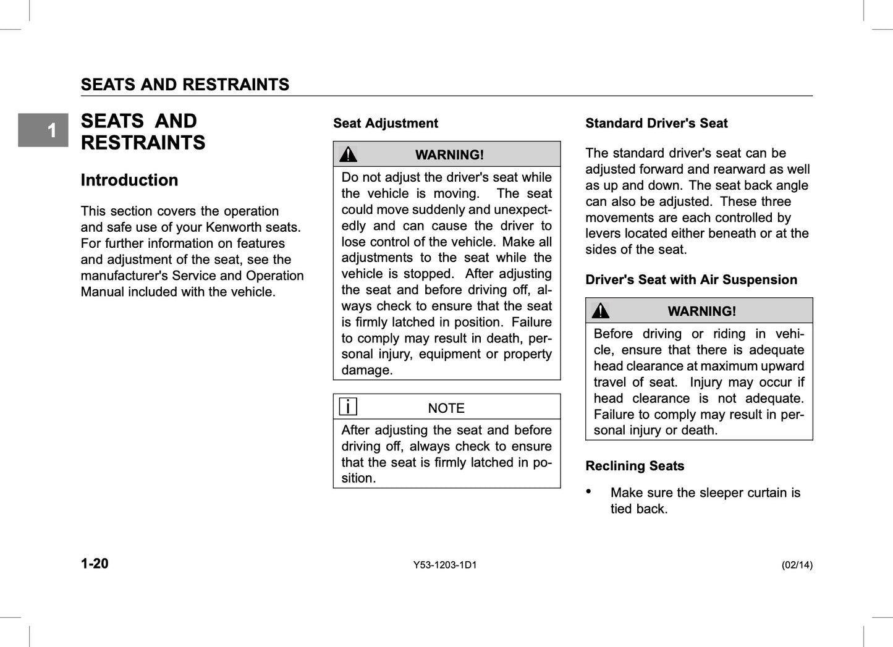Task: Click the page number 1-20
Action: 95,564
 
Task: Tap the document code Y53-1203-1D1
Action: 445,565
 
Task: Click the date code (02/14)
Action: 797,565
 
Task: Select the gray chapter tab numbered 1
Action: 43,130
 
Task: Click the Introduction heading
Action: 129,180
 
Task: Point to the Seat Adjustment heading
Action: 385,124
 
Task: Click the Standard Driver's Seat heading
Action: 656,124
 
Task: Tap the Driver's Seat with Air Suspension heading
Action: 691,280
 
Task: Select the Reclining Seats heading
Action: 635,467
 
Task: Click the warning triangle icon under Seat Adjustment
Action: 349,154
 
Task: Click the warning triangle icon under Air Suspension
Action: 600,311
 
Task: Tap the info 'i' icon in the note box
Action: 349,407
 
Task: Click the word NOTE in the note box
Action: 446,408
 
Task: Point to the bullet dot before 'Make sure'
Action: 589,491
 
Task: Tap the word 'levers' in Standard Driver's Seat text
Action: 604,234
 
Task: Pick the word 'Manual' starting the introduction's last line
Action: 102,292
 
